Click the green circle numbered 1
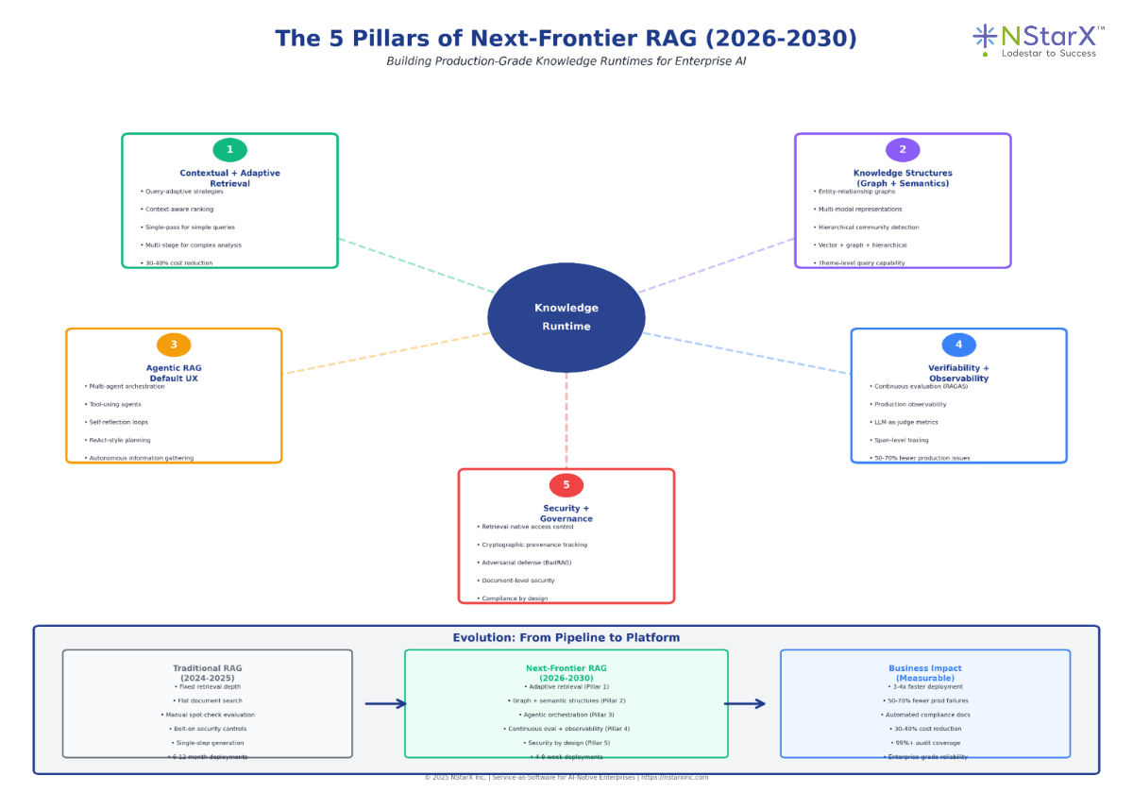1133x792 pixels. (x=229, y=150)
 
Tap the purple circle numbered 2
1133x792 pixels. (x=903, y=150)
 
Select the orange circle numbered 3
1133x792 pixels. (x=174, y=345)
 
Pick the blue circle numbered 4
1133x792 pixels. (x=958, y=345)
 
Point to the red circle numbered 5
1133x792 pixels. (x=566, y=485)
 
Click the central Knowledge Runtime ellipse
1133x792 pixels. (x=566, y=317)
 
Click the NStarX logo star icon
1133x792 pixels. (x=985, y=36)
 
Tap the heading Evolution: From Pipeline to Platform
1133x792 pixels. (x=566, y=638)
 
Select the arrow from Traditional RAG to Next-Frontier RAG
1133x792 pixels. (x=385, y=703)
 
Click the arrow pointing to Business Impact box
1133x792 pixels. (x=744, y=703)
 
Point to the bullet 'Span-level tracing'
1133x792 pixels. (x=902, y=440)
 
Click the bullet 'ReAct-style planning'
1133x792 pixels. (x=118, y=440)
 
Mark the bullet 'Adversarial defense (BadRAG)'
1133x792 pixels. (x=526, y=563)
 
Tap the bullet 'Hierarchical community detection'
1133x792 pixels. (x=869, y=227)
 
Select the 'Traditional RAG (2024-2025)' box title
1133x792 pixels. (x=207, y=673)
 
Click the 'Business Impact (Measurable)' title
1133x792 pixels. (x=925, y=673)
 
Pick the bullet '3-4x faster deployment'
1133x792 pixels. (x=925, y=687)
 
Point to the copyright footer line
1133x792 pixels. (x=566, y=777)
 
